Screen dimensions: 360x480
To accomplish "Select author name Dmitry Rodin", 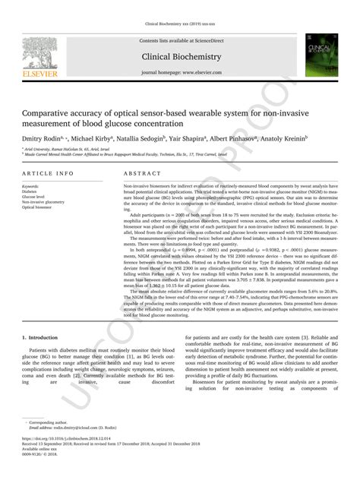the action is point(44,141).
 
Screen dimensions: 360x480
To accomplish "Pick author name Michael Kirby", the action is point(93,141).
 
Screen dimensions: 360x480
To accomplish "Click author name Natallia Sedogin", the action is point(142,141).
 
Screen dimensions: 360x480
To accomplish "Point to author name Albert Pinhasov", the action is point(238,141).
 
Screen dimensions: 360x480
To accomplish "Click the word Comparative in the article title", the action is point(49,112).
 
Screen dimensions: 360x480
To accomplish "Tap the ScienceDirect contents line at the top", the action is point(179,40).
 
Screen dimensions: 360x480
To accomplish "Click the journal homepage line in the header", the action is point(179,72).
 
